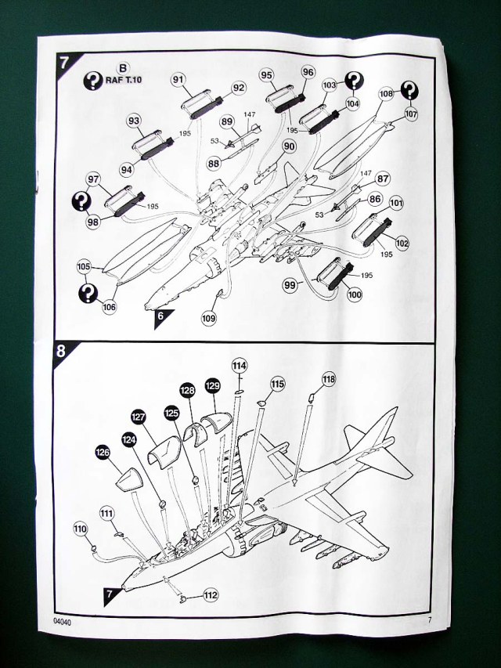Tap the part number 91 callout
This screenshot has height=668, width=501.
pyautogui.click(x=178, y=79)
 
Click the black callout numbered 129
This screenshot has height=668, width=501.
pyautogui.click(x=212, y=387)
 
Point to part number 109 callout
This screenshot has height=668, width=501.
pyautogui.click(x=208, y=318)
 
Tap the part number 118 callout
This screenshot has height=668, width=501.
pyautogui.click(x=328, y=380)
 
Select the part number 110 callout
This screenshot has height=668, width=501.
pyautogui.click(x=79, y=528)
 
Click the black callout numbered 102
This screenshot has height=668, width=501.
pyautogui.click(x=402, y=243)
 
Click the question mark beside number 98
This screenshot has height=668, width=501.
pyautogui.click(x=80, y=201)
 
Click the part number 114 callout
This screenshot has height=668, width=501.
pyautogui.click(x=240, y=366)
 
